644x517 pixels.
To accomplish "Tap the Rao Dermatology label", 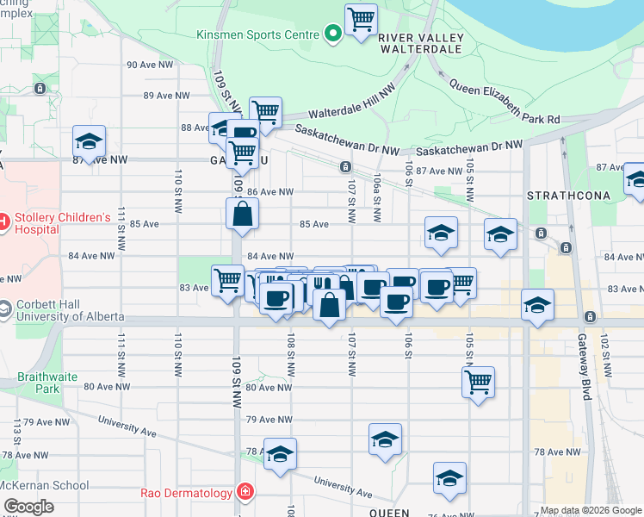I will coord(185,493).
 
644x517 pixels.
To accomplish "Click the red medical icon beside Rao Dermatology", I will coord(245,492).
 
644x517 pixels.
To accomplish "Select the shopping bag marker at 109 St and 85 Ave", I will coord(243,214).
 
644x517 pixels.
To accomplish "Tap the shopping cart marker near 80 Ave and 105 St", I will coord(478,380).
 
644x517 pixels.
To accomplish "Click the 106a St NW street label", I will coord(377,193).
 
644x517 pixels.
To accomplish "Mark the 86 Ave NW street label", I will coord(270,191).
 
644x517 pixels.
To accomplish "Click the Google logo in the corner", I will coord(28,507).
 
